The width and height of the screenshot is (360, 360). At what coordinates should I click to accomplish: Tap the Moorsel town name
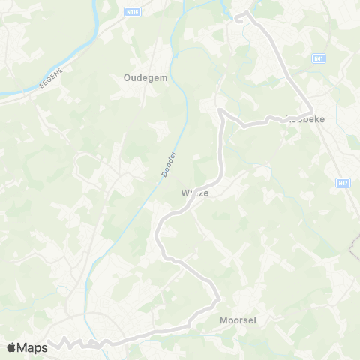238,319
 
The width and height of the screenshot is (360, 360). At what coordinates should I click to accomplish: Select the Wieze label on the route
194,193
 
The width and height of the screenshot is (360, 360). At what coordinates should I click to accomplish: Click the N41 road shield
320,58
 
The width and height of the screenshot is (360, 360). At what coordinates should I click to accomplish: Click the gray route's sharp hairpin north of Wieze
220,111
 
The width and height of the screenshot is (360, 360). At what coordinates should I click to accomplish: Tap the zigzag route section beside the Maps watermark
67,343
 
